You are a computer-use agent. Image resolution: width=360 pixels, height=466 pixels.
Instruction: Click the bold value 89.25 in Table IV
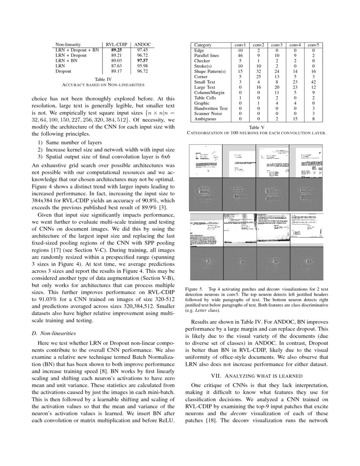pos(117,50)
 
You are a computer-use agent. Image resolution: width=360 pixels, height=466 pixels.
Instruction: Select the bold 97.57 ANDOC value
pos(142,61)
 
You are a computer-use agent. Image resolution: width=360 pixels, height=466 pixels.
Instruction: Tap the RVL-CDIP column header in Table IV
pos(117,44)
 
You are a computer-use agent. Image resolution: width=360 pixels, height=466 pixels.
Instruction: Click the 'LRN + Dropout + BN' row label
pos(77,50)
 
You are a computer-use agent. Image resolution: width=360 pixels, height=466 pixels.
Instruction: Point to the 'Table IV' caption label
pos(103,79)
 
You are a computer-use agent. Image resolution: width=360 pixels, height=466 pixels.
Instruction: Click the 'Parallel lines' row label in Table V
pos(207,55)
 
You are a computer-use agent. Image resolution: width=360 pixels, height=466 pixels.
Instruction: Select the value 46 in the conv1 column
pos(240,55)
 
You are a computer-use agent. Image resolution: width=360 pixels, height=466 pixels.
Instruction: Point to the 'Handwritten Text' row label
pos(211,108)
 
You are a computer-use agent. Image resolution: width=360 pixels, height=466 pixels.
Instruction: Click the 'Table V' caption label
pos(257,127)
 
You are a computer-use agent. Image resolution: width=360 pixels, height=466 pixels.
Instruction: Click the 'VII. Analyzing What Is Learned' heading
pos(257,375)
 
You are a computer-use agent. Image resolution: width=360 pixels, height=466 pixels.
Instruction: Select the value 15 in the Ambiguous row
pos(295,119)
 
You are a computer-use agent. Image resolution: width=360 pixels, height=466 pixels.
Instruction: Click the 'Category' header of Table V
pos(202,45)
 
